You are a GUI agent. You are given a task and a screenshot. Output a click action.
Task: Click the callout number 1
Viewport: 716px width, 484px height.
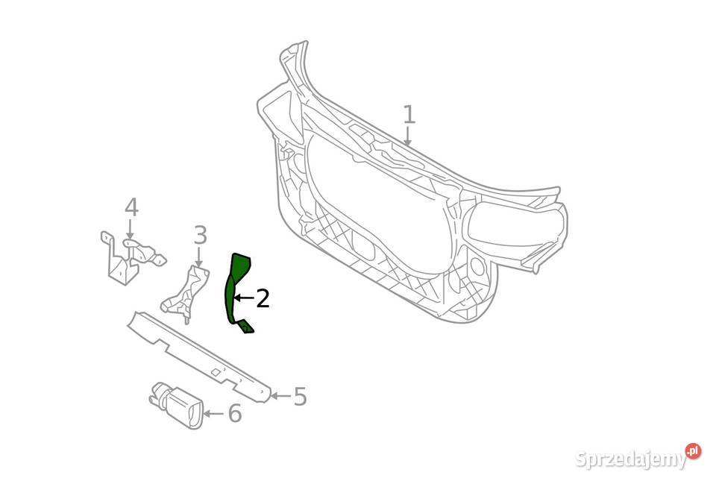(409, 115)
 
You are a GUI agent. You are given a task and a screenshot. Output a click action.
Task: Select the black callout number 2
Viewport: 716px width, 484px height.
(263, 298)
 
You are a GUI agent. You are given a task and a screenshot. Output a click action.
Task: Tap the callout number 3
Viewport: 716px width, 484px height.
(200, 236)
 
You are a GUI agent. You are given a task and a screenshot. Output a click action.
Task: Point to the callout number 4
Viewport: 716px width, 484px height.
(131, 207)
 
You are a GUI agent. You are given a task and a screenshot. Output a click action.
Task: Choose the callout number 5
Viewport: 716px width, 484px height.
(300, 396)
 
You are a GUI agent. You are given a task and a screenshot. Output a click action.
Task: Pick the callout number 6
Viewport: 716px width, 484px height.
(235, 414)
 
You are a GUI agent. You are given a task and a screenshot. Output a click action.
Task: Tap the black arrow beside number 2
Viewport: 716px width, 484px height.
(245, 298)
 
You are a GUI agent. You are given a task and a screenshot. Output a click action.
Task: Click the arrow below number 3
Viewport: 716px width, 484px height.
(198, 257)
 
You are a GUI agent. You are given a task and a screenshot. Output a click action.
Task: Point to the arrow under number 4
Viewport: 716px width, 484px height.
(130, 229)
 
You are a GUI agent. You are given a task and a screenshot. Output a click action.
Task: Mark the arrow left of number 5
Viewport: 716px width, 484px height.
(281, 395)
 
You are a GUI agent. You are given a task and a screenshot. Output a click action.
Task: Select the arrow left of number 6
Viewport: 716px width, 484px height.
(214, 414)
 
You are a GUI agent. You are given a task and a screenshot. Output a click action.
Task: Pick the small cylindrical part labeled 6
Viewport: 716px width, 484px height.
(178, 405)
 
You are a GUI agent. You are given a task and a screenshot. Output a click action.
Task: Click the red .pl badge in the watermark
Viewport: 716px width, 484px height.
(693, 451)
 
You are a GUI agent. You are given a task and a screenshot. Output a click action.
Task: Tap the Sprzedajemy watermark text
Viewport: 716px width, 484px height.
(632, 459)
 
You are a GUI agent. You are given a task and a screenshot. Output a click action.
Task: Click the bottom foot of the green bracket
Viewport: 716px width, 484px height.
(245, 327)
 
